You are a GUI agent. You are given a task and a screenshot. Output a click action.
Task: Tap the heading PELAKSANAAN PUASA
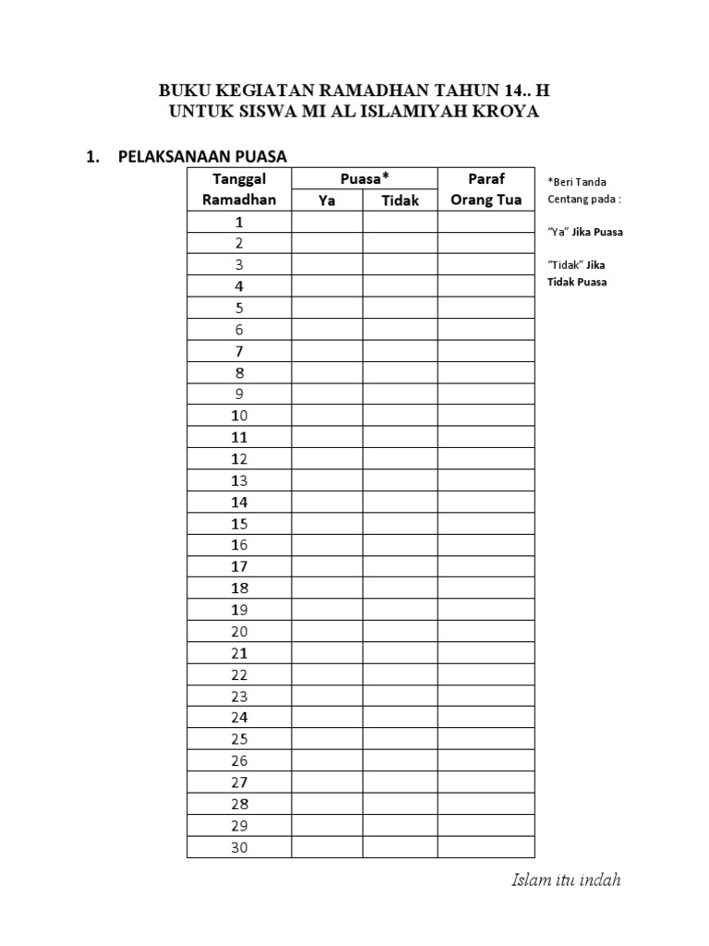pyautogui.click(x=202, y=156)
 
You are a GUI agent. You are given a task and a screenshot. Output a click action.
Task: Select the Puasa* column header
pyautogui.click(x=365, y=178)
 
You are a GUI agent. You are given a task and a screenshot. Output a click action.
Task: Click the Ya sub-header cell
pyautogui.click(x=327, y=200)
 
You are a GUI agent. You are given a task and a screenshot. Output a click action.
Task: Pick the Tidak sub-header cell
pyautogui.click(x=400, y=200)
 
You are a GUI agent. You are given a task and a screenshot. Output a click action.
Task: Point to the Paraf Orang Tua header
pyautogui.click(x=487, y=188)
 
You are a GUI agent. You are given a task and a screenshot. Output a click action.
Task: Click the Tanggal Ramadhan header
pyautogui.click(x=239, y=188)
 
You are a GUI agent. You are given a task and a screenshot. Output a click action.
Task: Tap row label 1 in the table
pyautogui.click(x=239, y=222)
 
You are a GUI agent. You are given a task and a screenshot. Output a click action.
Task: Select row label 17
pyautogui.click(x=239, y=566)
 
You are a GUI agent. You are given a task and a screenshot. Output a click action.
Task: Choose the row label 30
pyautogui.click(x=239, y=846)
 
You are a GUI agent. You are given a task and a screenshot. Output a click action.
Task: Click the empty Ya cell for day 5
pyautogui.click(x=327, y=308)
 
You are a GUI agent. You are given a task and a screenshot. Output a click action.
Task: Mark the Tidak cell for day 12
pyautogui.click(x=400, y=458)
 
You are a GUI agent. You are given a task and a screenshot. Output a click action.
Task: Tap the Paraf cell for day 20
pyautogui.click(x=487, y=631)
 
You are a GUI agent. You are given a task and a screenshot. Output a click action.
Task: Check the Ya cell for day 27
pyautogui.click(x=327, y=782)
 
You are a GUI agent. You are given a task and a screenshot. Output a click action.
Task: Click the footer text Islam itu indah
pyautogui.click(x=566, y=879)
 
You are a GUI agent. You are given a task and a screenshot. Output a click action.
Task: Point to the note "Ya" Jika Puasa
pyautogui.click(x=585, y=232)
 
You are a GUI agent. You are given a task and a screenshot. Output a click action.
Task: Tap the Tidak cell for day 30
pyautogui.click(x=400, y=846)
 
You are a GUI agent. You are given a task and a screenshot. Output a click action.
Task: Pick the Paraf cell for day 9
pyautogui.click(x=487, y=394)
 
